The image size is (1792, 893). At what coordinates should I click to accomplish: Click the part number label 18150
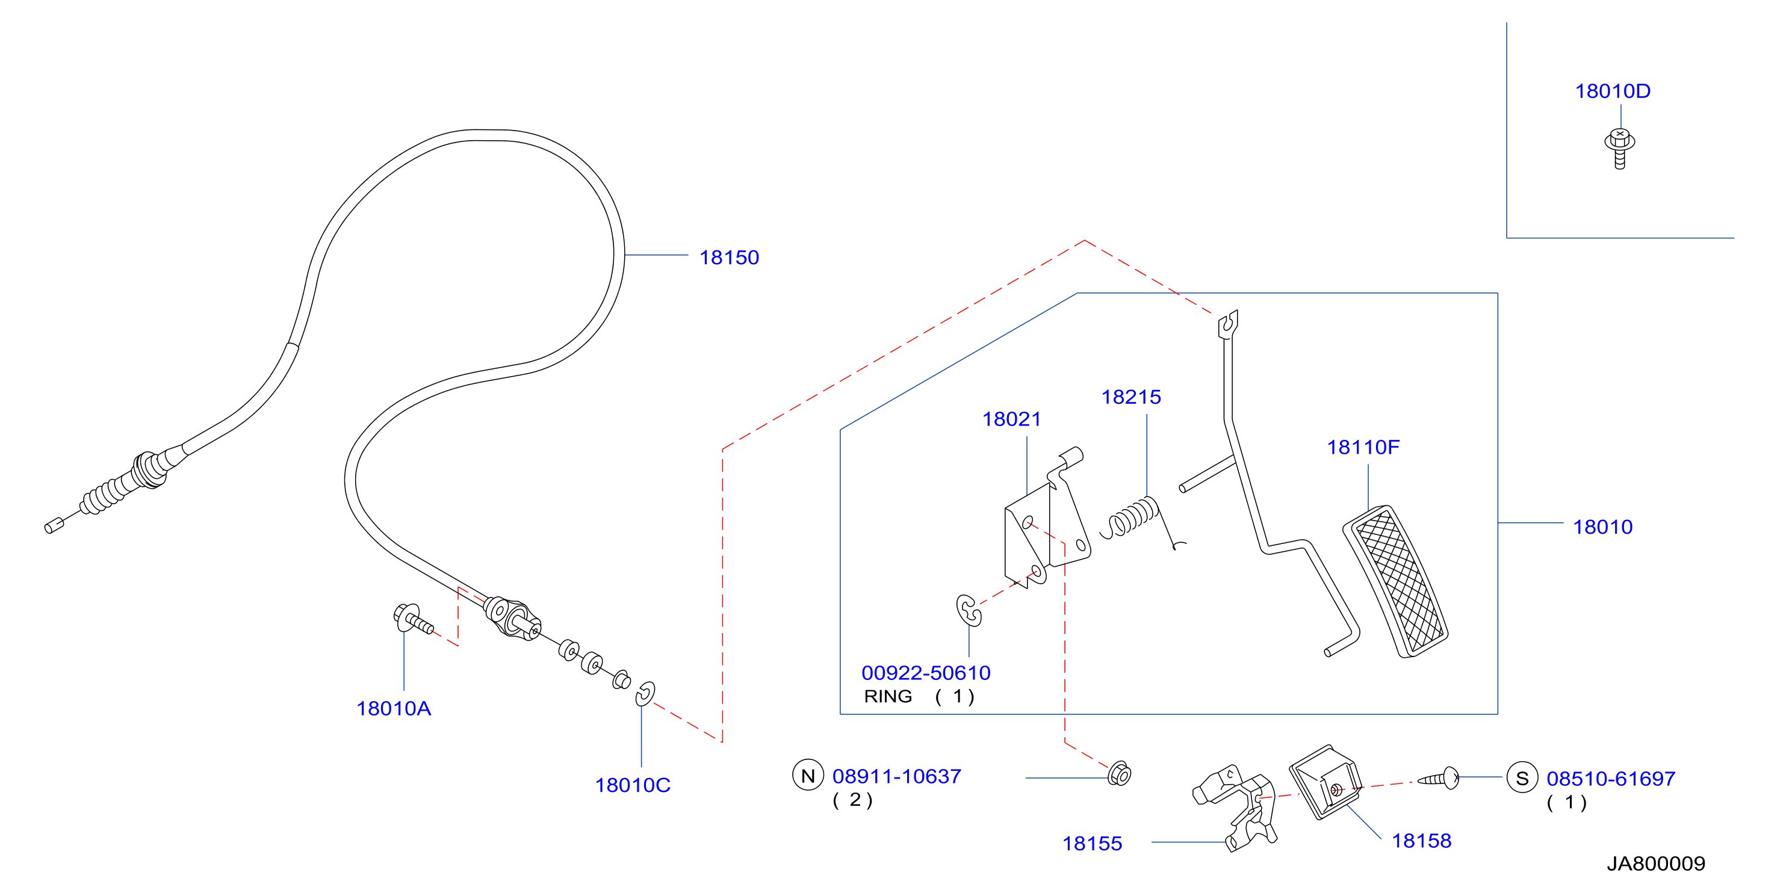pyautogui.click(x=728, y=258)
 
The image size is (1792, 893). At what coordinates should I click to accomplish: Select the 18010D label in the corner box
pyautogui.click(x=1612, y=91)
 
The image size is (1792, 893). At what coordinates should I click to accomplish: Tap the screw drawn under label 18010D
pyautogui.click(x=1619, y=148)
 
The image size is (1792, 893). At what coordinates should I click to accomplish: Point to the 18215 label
pyautogui.click(x=1130, y=397)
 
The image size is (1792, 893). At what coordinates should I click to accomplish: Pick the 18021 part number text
pyautogui.click(x=1011, y=419)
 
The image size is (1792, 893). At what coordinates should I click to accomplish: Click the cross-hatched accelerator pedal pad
pyautogui.click(x=1395, y=581)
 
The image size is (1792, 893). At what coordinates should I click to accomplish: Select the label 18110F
pyautogui.click(x=1363, y=447)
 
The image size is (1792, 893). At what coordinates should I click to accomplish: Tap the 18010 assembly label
pyautogui.click(x=1602, y=527)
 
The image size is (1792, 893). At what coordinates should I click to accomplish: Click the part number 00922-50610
pyautogui.click(x=926, y=673)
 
